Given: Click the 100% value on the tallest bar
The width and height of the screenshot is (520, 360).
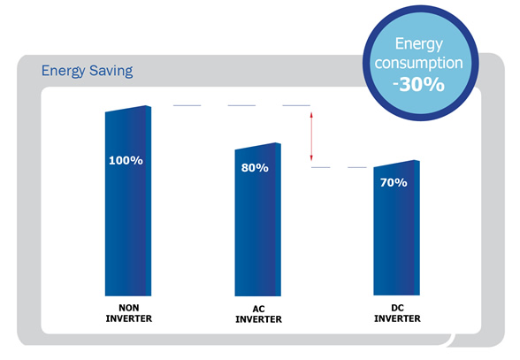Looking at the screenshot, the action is point(126,161).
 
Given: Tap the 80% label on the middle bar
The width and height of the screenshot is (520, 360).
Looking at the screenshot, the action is point(255,168).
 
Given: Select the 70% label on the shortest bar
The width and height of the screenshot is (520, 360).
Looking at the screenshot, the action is point(394,182).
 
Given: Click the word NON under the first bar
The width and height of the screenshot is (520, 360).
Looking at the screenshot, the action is point(129,308).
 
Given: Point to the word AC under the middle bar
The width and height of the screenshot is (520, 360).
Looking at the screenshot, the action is point(258,309).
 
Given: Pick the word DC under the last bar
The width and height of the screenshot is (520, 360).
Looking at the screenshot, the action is point(397,308).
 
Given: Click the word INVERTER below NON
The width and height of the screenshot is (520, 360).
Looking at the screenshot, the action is point(129,318).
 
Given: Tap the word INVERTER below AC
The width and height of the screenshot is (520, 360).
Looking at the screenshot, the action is point(258,319).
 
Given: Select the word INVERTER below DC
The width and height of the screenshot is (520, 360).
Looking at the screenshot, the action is point(397,318).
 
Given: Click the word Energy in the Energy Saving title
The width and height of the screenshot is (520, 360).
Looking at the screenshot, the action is point(63,71).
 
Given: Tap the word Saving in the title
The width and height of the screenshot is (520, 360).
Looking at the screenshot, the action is point(111,71).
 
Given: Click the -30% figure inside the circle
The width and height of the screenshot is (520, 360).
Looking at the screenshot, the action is point(418,85).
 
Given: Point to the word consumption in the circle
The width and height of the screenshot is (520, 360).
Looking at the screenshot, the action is point(418,63).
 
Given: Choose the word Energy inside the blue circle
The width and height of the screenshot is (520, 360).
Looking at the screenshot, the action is point(419,44).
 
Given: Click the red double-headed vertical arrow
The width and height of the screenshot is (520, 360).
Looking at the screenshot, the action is point(311,136).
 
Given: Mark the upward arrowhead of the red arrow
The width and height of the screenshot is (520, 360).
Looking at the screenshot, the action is point(311,114).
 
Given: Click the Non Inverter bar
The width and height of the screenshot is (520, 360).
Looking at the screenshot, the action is point(128,201).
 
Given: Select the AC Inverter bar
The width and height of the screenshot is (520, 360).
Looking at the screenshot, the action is point(257,219).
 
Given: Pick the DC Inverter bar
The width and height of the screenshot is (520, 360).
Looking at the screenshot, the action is point(396,227).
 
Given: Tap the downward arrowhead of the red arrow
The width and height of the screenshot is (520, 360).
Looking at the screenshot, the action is point(311,158).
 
